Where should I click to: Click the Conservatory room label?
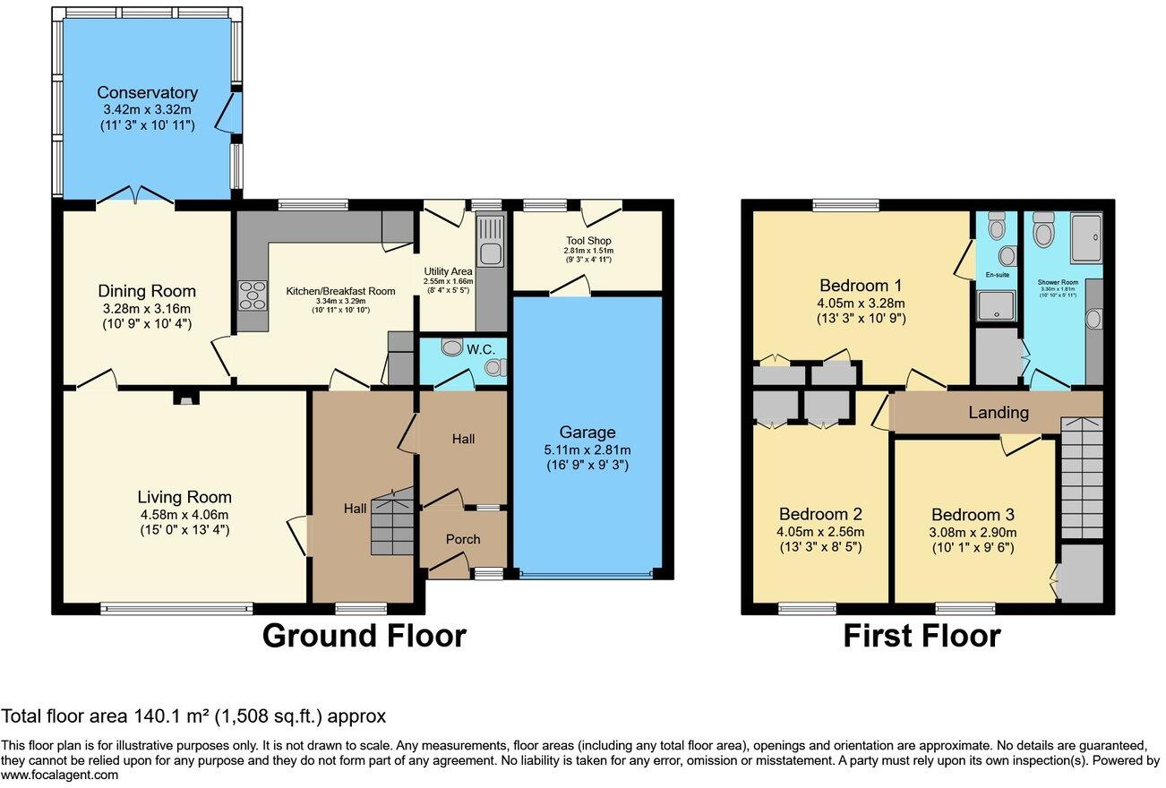pyautogui.click(x=147, y=93)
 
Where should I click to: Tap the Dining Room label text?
pyautogui.click(x=147, y=291)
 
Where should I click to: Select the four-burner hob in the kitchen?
pyautogui.click(x=253, y=295)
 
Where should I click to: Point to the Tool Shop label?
pyautogui.click(x=587, y=241)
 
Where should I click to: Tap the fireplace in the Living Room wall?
pyautogui.click(x=185, y=399)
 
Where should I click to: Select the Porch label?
pyautogui.click(x=463, y=539)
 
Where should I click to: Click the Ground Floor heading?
pyautogui.click(x=364, y=636)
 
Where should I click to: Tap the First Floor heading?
pyautogui.click(x=922, y=636)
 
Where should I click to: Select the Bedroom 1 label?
pyautogui.click(x=861, y=286)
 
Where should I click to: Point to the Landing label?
pyautogui.click(x=999, y=413)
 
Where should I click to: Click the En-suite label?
pyautogui.click(x=997, y=274)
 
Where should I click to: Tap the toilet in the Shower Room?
pyautogui.click(x=1043, y=234)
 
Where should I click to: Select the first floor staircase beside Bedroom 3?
pyautogui.click(x=1082, y=479)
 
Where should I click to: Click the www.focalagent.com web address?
pyautogui.click(x=59, y=775)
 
